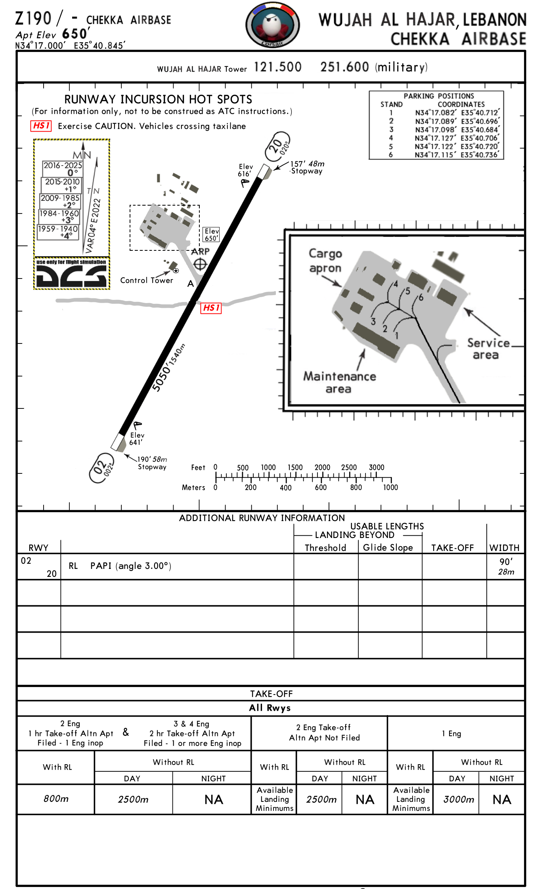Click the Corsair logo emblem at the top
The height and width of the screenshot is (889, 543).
tap(272, 25)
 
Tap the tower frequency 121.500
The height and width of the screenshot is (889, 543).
tap(277, 67)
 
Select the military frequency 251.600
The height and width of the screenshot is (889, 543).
tap(344, 67)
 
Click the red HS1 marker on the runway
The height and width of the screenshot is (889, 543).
tap(211, 308)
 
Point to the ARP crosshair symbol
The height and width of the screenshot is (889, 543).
tap(200, 264)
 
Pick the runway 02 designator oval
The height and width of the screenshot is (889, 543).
tap(101, 468)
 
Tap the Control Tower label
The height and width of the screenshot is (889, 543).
tap(147, 280)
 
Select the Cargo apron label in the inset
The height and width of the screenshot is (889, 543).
tap(325, 261)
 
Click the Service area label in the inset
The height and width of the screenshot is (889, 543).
tap(488, 349)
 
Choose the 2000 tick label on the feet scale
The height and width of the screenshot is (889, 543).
tap(322, 467)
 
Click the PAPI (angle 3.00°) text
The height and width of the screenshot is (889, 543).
tap(130, 566)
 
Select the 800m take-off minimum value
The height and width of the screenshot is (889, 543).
tap(56, 799)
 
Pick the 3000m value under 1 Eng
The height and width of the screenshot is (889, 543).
tap(458, 799)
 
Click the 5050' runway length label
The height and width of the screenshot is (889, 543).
tap(162, 379)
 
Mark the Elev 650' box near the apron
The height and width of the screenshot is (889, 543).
tap(211, 234)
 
